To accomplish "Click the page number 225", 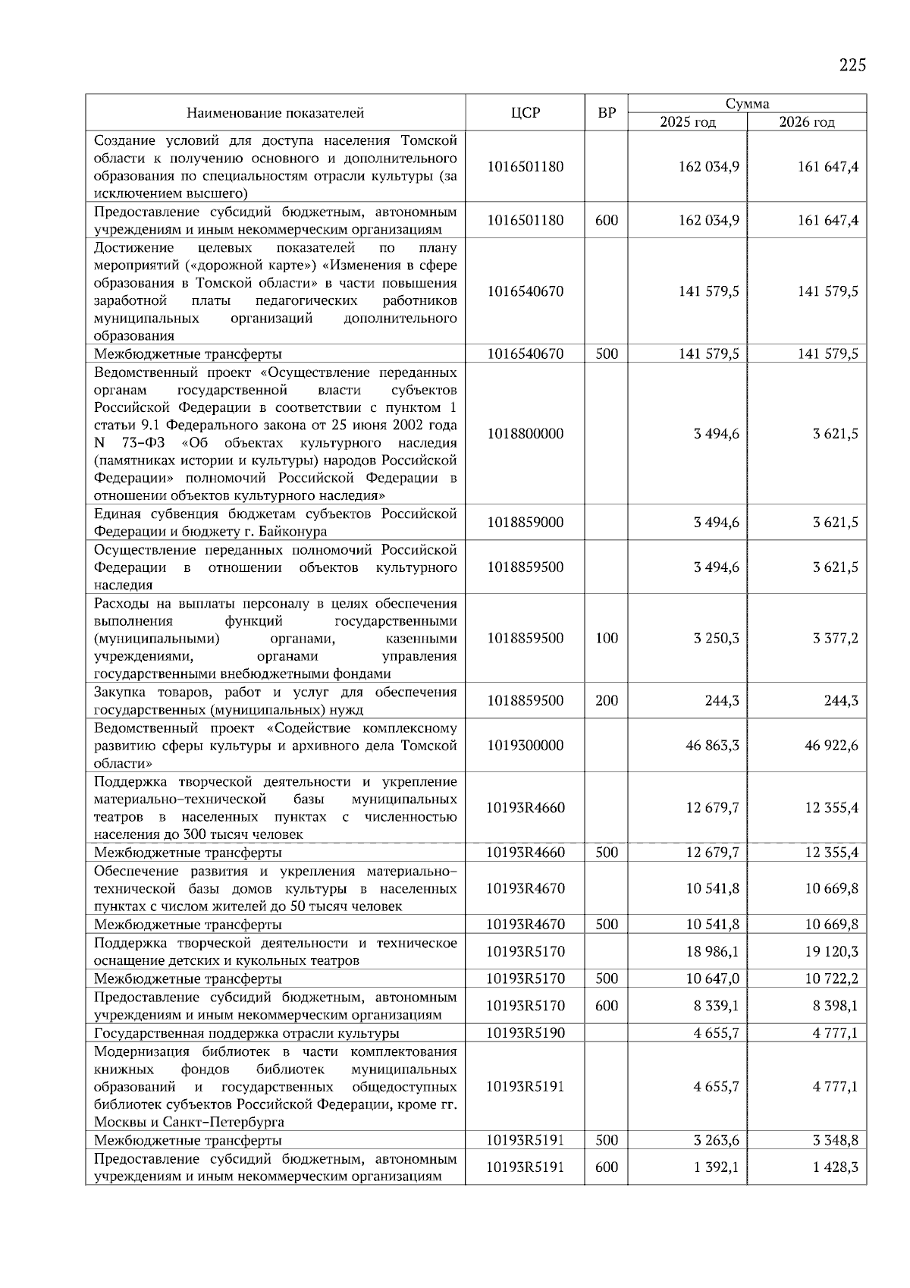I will [852, 65].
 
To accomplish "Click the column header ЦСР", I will [525, 113].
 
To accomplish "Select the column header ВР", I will [607, 113].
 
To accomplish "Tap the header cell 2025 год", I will [687, 122].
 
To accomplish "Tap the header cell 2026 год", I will [806, 122].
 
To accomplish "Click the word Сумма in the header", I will [747, 104].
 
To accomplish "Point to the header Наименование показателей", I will [275, 113].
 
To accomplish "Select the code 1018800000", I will [525, 434].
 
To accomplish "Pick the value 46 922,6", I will [831, 746].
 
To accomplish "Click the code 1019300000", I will [525, 746].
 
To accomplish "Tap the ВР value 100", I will [607, 638].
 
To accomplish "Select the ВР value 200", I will [607, 701].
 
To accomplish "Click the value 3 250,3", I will [716, 638].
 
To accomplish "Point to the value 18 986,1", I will [712, 952].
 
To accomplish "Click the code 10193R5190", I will [525, 1033].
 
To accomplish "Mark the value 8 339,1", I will [716, 1007].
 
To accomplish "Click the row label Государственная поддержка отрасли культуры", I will [246, 1033].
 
